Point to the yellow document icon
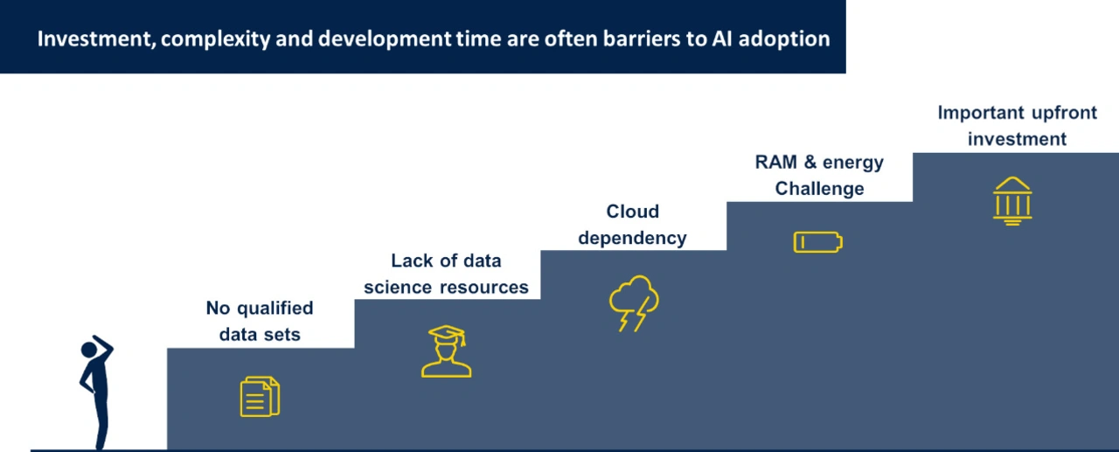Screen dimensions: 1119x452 260,397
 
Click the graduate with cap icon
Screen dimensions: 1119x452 446,351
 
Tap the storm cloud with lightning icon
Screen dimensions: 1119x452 634,303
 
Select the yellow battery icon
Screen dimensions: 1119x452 817,242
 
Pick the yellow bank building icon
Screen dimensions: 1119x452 1012,201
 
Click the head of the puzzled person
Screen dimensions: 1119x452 89,350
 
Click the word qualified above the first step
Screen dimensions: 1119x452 275,309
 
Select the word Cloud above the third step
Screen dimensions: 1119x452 632,212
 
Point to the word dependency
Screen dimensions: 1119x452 632,239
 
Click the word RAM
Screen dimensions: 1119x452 775,163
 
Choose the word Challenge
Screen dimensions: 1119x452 819,190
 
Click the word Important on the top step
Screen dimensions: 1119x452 980,114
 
